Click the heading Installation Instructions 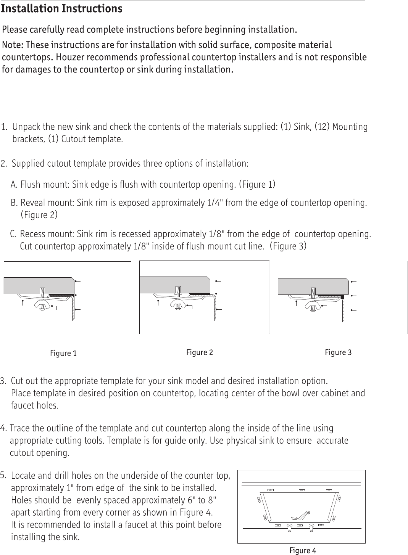point(62,9)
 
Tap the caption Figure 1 point(63,354)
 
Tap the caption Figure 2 point(199,352)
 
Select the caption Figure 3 point(338,352)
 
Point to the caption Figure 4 point(303,550)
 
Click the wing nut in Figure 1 point(42,304)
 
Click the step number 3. point(3,381)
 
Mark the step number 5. point(3,476)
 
